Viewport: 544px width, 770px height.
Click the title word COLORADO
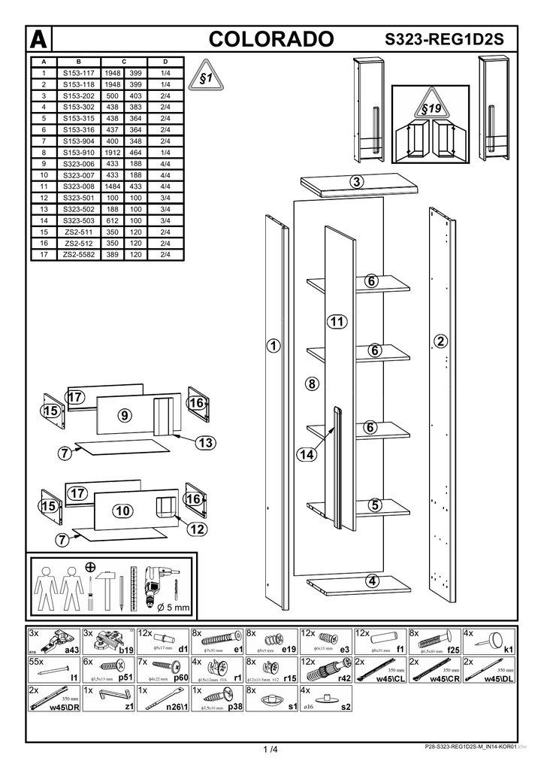[272, 39]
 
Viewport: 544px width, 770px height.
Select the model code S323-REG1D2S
[444, 40]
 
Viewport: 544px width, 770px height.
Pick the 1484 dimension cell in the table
[114, 186]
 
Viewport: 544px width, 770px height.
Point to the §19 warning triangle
[431, 110]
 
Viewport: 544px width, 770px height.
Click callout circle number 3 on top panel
[357, 181]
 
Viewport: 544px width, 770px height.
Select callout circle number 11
[337, 322]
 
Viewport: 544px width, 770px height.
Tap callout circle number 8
[313, 383]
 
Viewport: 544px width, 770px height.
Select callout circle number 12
[196, 530]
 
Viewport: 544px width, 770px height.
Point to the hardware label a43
[72, 649]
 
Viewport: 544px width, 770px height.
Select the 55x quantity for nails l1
[37, 662]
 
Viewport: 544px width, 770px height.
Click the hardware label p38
[234, 707]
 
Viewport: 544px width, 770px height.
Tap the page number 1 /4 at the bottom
[270, 749]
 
